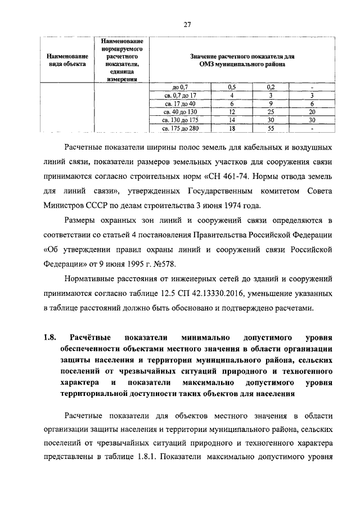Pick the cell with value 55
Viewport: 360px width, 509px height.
[271, 128]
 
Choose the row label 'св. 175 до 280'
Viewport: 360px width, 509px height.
[179, 128]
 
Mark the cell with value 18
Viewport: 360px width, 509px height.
[231, 128]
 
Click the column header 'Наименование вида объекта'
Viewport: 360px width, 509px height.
[66, 61]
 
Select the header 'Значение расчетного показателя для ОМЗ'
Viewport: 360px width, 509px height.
[242, 61]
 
